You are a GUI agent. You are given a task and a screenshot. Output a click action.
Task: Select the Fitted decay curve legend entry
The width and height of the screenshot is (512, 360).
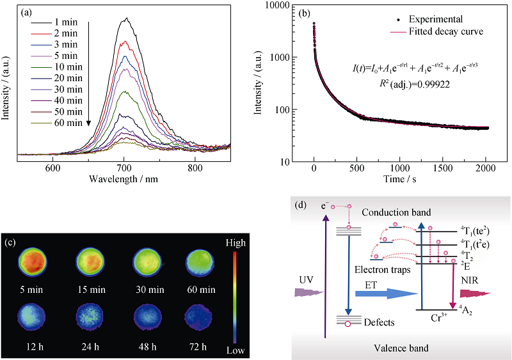click(444, 31)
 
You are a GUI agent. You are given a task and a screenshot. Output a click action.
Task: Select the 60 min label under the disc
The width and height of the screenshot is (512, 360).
click(196, 288)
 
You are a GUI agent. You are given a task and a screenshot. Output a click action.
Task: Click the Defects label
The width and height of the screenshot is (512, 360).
click(379, 322)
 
